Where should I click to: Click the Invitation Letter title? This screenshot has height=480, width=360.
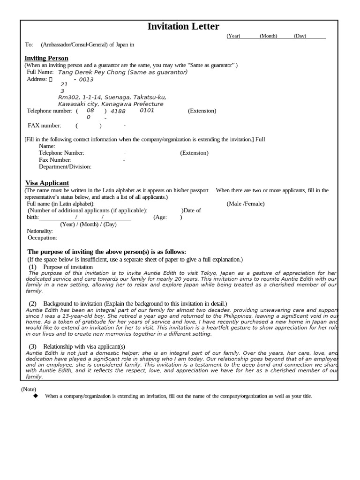click(183, 27)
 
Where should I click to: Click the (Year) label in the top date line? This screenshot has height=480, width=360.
click(233, 36)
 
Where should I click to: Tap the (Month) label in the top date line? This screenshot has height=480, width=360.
click(268, 36)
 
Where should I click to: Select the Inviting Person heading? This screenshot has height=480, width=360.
click(46, 58)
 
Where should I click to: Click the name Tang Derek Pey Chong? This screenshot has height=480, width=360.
click(94, 72)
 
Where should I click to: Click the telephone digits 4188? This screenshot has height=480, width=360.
click(118, 111)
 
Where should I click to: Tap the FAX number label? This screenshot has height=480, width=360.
click(45, 126)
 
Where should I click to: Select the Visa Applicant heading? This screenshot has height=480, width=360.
click(47, 183)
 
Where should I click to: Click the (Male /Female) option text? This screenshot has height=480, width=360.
click(245, 204)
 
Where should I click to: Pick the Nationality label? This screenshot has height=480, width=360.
click(40, 231)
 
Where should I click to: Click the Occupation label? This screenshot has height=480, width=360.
click(42, 238)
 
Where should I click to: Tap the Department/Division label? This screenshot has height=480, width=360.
click(65, 166)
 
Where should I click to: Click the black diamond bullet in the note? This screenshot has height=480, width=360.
click(35, 396)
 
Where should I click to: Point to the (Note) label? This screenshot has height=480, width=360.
click(29, 389)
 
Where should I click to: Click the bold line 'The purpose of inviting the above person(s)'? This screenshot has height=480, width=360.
click(107, 252)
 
